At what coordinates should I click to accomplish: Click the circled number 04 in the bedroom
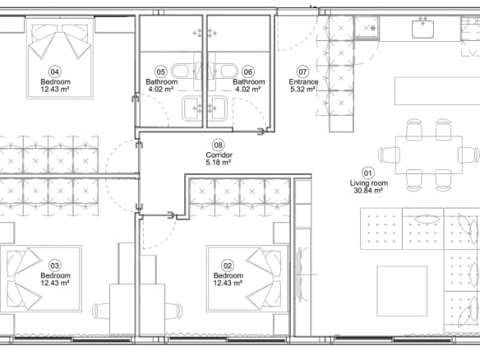[x=54, y=72]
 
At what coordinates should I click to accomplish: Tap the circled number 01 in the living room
[x=367, y=173]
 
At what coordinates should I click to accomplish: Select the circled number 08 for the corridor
[x=218, y=145]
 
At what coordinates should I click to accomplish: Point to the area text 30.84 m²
[x=368, y=191]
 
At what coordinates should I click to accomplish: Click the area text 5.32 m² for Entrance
[x=302, y=90]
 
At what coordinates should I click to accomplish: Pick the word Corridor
[x=219, y=155]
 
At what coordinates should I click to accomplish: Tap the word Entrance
[x=303, y=81]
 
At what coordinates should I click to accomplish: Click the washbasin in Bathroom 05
[x=192, y=108]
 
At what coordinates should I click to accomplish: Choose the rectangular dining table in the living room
[x=428, y=155]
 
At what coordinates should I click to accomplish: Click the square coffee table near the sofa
[x=402, y=291]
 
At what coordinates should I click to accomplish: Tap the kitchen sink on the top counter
[x=422, y=29]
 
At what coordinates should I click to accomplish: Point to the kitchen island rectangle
[x=437, y=91]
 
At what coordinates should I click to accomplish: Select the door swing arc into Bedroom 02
[x=167, y=239]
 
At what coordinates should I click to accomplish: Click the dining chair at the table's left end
[x=389, y=155]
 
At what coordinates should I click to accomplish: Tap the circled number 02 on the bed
[x=227, y=265]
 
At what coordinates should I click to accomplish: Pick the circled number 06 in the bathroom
[x=247, y=72]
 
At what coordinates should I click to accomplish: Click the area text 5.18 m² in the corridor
[x=219, y=163]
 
